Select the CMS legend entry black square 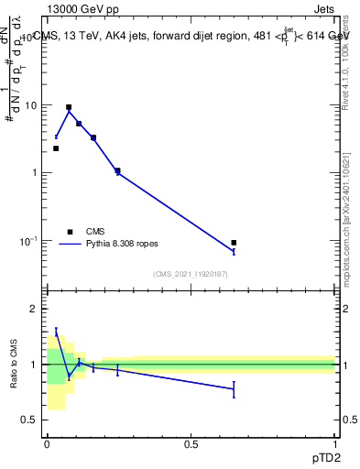pyautogui.click(x=69, y=232)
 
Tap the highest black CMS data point pyautogui.click(x=69, y=107)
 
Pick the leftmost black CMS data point pyautogui.click(x=56, y=148)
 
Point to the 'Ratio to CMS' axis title pyautogui.click(x=15, y=365)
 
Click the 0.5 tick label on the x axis pyautogui.click(x=191, y=443)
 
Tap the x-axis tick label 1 pyautogui.click(x=334, y=443)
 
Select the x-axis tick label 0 pyautogui.click(x=47, y=443)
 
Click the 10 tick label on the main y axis pyautogui.click(x=30, y=105)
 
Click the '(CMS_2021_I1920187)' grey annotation pyautogui.click(x=191, y=274)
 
